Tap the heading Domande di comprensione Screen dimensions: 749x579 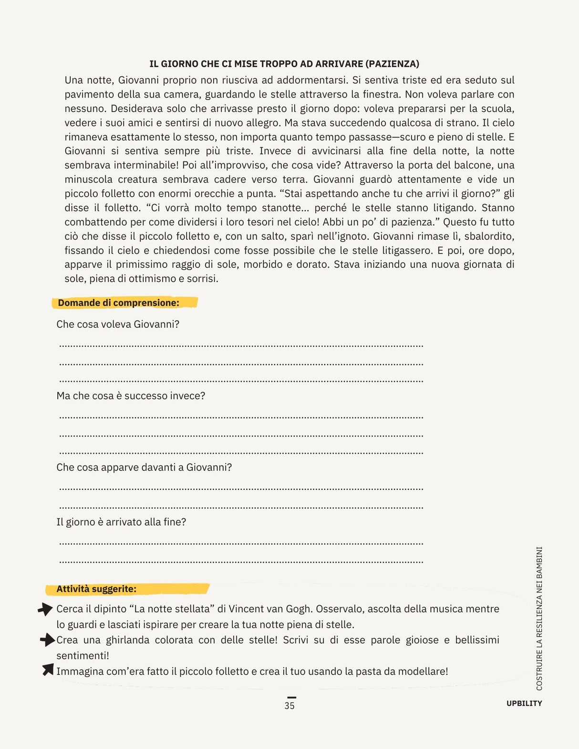pyautogui.click(x=118, y=303)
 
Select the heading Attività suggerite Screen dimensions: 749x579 pyautogui.click(x=96, y=589)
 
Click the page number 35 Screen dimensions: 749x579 pyautogui.click(x=289, y=706)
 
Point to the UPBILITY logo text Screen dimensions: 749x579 pyautogui.click(x=524, y=703)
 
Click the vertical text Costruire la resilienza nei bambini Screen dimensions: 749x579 pyautogui.click(x=539, y=618)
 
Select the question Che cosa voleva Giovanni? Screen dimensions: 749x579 pyautogui.click(x=118, y=324)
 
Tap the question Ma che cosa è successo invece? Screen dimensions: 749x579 pyautogui.click(x=131, y=396)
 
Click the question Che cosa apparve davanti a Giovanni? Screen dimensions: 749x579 pyautogui.click(x=144, y=467)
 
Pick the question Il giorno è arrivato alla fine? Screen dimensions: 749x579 pyautogui.click(x=121, y=522)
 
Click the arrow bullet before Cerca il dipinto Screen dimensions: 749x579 pyautogui.click(x=45, y=609)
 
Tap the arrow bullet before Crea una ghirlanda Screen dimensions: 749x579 pyautogui.click(x=47, y=640)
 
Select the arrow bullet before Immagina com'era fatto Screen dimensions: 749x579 pyautogui.click(x=48, y=670)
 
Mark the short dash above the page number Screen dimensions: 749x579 pyautogui.click(x=291, y=698)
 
